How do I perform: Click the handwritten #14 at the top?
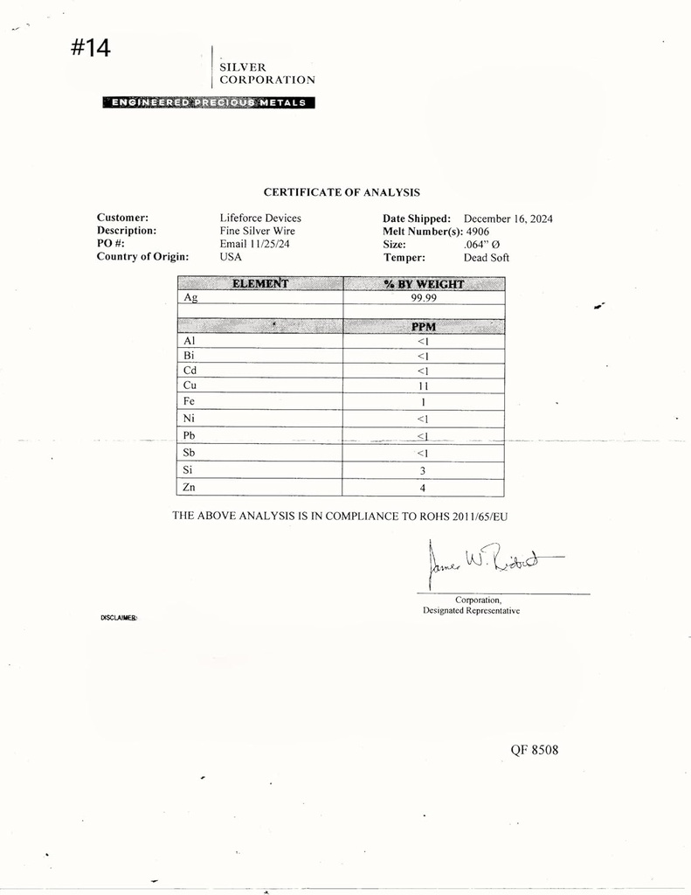tap(90, 48)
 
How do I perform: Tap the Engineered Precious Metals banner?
tap(208, 102)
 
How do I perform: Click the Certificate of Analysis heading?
tap(342, 192)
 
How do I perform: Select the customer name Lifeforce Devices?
tap(260, 218)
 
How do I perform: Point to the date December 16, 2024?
tap(508, 219)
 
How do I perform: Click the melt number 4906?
tap(478, 232)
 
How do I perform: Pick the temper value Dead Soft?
tap(486, 258)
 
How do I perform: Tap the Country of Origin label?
tap(142, 257)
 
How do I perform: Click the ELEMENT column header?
tap(259, 283)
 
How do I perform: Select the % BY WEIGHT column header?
tap(424, 284)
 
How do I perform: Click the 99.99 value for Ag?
tap(424, 298)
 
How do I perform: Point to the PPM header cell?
tap(424, 327)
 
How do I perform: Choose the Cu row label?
tap(190, 385)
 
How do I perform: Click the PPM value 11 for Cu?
tap(424, 385)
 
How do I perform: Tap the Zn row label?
tap(190, 488)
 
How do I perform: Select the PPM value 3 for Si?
tap(424, 469)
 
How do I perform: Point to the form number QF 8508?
tap(534, 750)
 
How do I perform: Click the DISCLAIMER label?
tap(119, 618)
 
